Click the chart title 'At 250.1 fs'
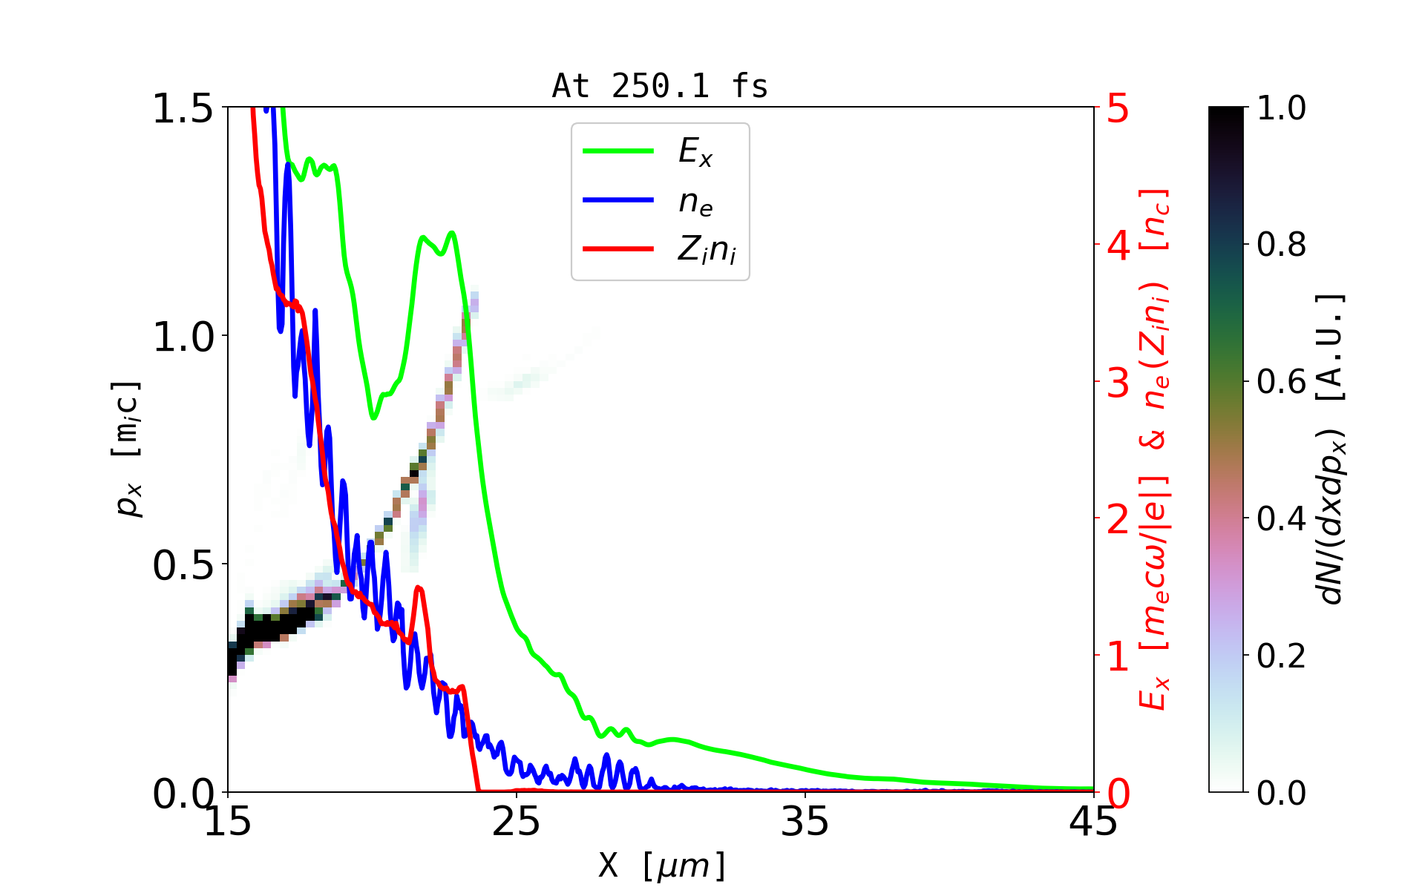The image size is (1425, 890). point(660,87)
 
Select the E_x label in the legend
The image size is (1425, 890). point(695,152)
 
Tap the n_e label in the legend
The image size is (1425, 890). point(695,202)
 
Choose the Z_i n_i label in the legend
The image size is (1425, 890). point(707,250)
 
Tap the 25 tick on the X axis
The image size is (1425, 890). point(517,822)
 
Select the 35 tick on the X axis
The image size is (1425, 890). point(805,822)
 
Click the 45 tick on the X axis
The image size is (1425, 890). point(1094,822)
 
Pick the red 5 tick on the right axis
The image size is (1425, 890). point(1118,108)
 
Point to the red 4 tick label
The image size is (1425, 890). point(1118,245)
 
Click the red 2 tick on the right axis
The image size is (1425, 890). point(1118,519)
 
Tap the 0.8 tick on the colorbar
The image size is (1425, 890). point(1281,244)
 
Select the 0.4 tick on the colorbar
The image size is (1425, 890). point(1281,518)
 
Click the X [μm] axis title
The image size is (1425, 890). point(662,865)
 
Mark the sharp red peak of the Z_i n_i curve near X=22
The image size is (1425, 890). point(419,588)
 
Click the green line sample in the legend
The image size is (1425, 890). point(618,151)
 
